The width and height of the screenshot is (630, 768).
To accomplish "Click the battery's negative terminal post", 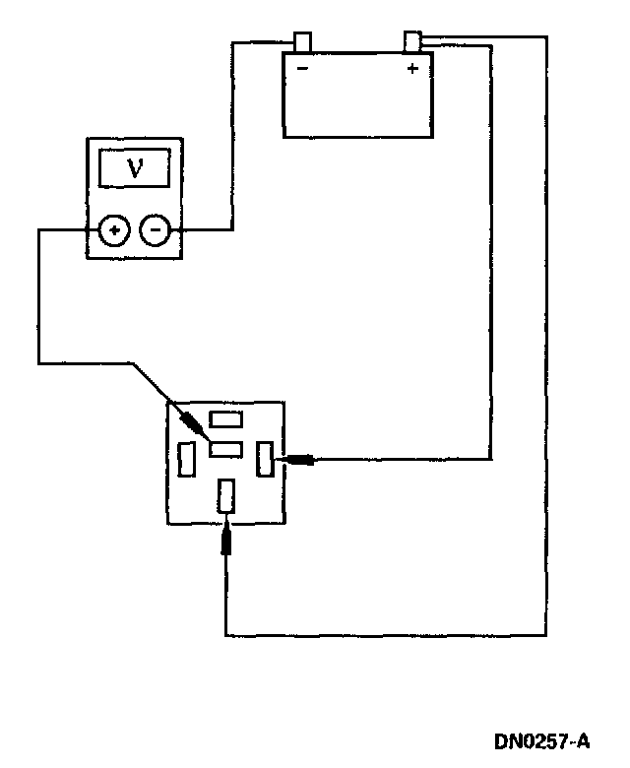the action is pyautogui.click(x=303, y=42).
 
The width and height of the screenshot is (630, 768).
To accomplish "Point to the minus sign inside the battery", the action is pyautogui.click(x=302, y=69).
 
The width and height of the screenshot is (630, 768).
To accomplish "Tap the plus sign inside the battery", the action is pyautogui.click(x=412, y=69).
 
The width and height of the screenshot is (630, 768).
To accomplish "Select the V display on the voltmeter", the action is pyautogui.click(x=136, y=168).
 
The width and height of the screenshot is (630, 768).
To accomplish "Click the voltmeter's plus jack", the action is pyautogui.click(x=114, y=231).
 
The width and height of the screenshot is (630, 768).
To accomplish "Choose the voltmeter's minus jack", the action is pyautogui.click(x=156, y=231).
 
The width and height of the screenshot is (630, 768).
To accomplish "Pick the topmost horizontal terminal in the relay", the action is pyautogui.click(x=226, y=419).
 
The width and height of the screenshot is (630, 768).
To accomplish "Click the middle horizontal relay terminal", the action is pyautogui.click(x=226, y=450).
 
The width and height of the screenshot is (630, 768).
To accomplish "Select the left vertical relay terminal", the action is pyautogui.click(x=186, y=459).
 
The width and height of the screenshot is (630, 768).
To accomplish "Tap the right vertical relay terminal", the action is pyautogui.click(x=264, y=459).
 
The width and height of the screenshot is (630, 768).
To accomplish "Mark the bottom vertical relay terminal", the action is pyautogui.click(x=226, y=494).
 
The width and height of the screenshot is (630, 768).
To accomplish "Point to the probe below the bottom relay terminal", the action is pyautogui.click(x=226, y=539).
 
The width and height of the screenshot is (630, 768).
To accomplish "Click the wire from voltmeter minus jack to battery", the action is pyautogui.click(x=232, y=138).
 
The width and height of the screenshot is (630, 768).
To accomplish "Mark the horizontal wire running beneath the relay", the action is pyautogui.click(x=384, y=635).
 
